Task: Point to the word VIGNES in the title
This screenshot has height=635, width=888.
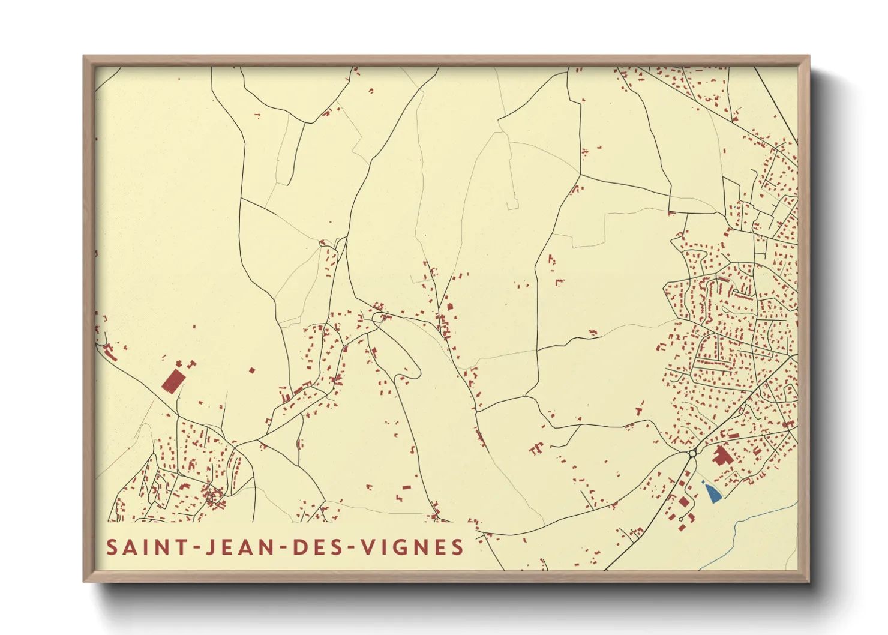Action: click(415, 547)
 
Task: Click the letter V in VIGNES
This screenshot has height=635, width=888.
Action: click(371, 547)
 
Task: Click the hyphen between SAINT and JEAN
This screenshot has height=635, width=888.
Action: click(193, 547)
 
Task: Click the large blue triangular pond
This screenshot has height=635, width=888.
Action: click(713, 493)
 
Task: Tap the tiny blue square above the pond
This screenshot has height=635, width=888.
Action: click(703, 481)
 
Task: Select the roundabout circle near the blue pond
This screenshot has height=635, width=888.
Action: click(692, 454)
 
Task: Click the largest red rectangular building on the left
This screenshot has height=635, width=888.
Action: click(173, 381)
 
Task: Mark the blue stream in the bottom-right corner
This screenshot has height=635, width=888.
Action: click(744, 528)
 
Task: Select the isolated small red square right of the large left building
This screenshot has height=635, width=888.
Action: click(252, 370)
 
